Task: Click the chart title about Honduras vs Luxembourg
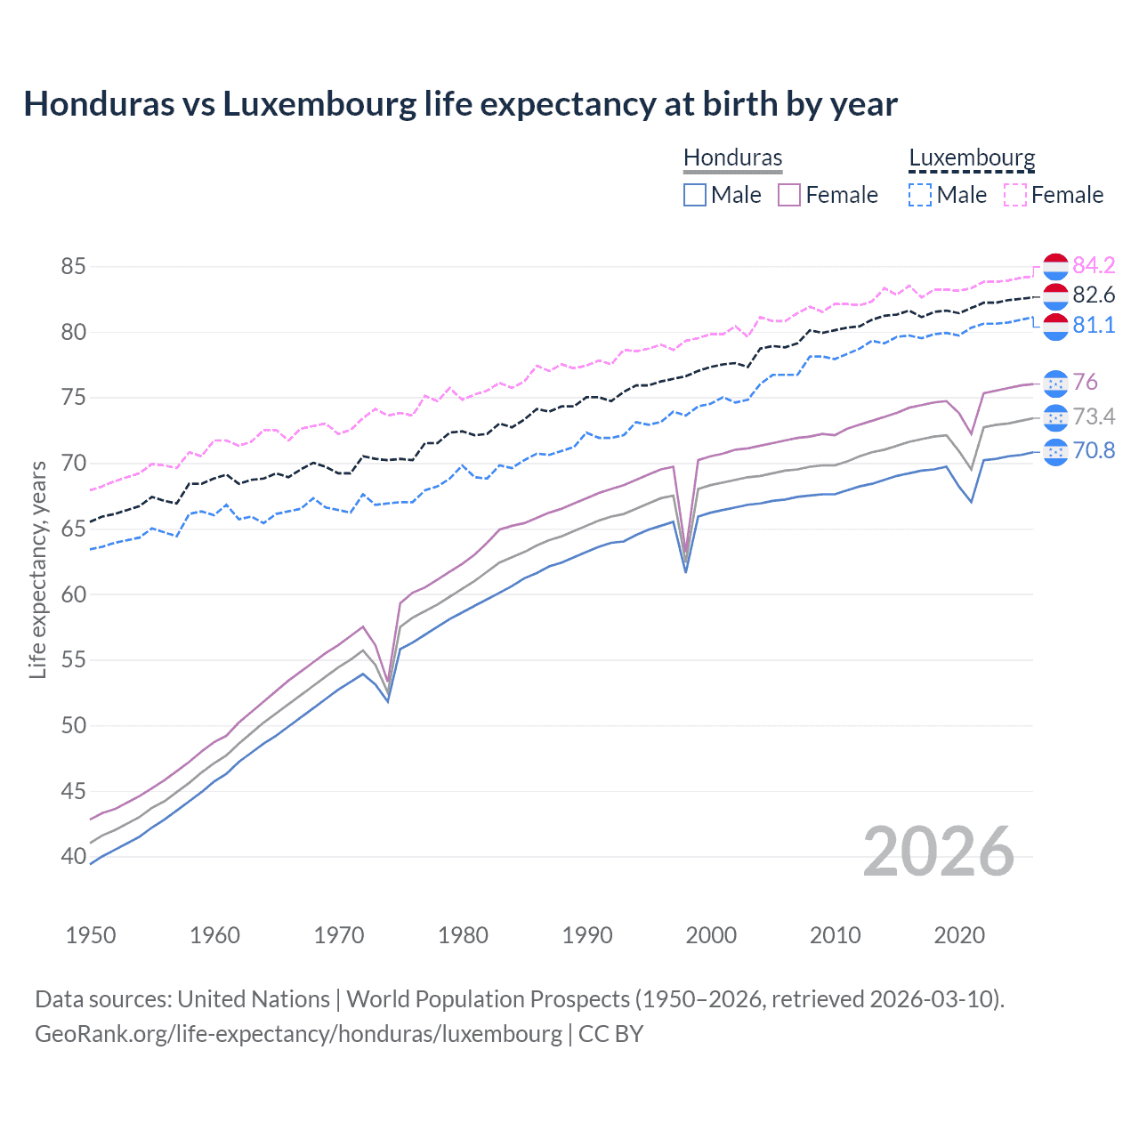[x=460, y=104]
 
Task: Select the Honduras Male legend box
[x=695, y=195]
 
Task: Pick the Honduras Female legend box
[x=789, y=195]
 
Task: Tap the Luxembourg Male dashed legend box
[x=920, y=195]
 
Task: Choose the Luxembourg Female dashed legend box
[x=1015, y=195]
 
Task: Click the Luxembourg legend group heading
[x=972, y=158]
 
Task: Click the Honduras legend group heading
[x=732, y=158]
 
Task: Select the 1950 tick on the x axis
[x=91, y=935]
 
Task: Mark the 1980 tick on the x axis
[x=463, y=935]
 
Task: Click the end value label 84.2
[x=1094, y=265]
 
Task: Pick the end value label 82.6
[x=1094, y=295]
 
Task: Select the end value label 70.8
[x=1094, y=451]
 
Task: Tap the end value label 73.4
[x=1094, y=416]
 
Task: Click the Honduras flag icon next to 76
[x=1055, y=383]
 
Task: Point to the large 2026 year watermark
[x=938, y=852]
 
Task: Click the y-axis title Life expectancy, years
[x=38, y=569]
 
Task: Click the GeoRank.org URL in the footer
[x=298, y=1034]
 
